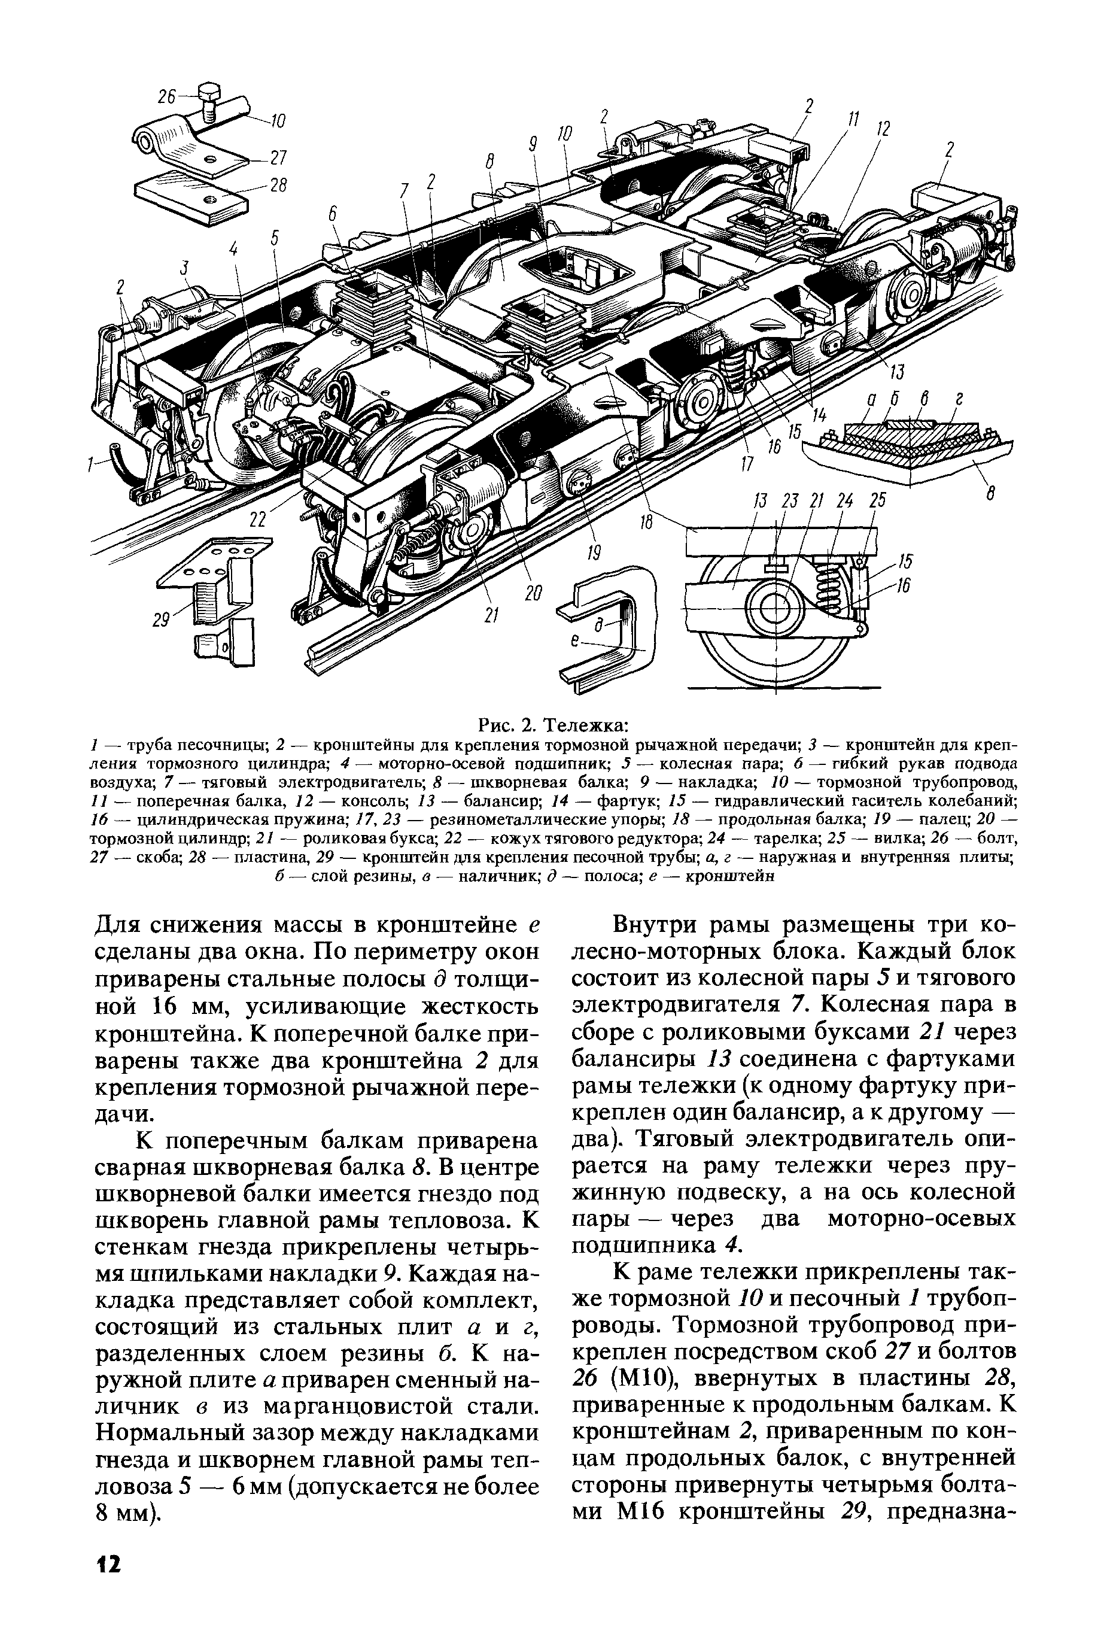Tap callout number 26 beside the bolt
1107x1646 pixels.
tap(168, 97)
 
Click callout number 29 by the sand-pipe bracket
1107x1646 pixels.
tap(164, 620)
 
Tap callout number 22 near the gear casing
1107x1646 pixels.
tap(258, 519)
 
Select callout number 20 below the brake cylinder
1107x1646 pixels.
tap(533, 594)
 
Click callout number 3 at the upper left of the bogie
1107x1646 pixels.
tap(185, 268)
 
